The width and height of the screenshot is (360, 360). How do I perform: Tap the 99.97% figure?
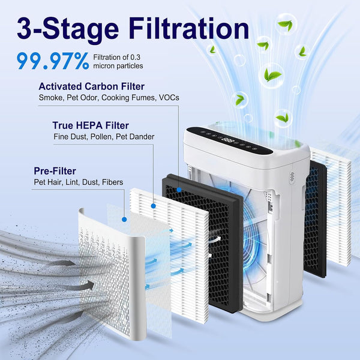(x=53, y=61)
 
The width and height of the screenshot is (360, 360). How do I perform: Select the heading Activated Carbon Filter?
(x=91, y=86)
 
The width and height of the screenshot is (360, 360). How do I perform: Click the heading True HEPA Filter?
(x=91, y=125)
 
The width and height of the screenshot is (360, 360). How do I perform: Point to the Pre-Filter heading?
(x=55, y=171)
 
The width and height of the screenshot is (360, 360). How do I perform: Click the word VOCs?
(x=169, y=98)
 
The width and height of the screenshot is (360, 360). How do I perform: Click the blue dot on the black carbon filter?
(x=179, y=190)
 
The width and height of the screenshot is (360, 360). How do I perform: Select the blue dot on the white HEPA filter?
(x=154, y=206)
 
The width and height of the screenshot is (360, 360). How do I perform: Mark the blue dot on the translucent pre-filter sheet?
(x=124, y=220)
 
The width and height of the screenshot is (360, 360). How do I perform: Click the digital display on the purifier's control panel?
(x=228, y=140)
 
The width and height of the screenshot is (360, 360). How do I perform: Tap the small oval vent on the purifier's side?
(x=292, y=178)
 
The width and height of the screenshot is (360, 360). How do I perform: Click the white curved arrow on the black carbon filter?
(x=215, y=239)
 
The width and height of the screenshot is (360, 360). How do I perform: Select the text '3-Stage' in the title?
(x=68, y=29)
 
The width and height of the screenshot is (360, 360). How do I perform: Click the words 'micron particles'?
(x=118, y=66)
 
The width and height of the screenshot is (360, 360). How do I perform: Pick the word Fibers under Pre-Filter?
(x=113, y=182)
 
